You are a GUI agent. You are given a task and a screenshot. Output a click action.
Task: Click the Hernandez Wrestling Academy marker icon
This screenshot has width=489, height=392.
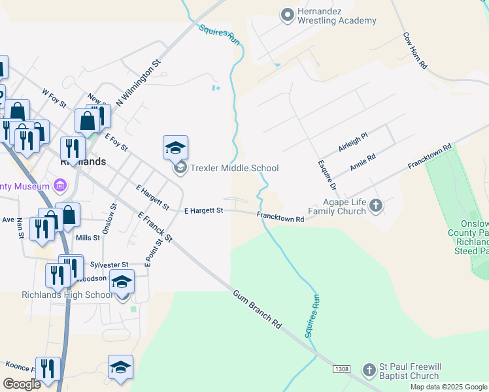286,14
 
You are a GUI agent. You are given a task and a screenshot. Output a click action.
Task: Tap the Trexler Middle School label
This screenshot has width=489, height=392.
234,168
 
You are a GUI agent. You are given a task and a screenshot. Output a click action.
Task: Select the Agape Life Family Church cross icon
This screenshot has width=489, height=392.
375,206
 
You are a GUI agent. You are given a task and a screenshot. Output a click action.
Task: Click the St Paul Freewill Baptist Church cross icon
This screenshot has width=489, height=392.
369,370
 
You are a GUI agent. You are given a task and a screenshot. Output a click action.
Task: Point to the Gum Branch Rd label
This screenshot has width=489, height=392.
257,309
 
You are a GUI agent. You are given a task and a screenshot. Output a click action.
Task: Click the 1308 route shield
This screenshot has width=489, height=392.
341,370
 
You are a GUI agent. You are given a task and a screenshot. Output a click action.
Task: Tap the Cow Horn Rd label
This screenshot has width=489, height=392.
415,51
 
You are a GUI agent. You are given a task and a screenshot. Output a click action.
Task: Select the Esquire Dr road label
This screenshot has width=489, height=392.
326,175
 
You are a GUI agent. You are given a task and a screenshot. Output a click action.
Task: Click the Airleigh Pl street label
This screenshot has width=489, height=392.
353,141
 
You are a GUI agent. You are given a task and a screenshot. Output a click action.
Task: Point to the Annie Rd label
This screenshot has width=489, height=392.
362,162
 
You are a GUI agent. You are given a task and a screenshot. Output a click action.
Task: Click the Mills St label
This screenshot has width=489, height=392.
88,238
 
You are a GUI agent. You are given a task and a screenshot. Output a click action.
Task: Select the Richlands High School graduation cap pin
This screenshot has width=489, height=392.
122,282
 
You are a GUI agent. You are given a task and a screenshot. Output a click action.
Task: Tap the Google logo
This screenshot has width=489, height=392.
22,384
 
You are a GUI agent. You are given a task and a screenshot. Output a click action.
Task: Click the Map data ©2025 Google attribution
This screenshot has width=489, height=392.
449,387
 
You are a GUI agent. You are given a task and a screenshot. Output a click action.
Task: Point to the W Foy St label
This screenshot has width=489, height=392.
54,99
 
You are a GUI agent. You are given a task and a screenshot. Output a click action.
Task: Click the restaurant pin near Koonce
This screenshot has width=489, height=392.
48,369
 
